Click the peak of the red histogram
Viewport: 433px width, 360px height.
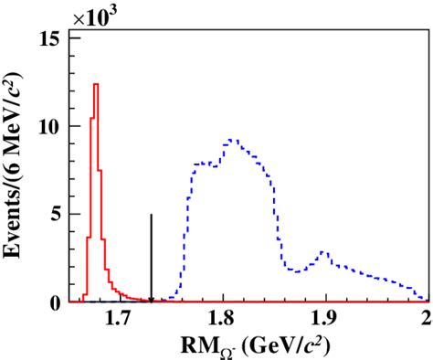pos(95,84)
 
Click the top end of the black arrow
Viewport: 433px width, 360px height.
pos(151,215)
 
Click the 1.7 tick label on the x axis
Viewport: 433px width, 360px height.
pos(118,318)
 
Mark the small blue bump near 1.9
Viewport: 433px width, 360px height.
pos(322,251)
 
